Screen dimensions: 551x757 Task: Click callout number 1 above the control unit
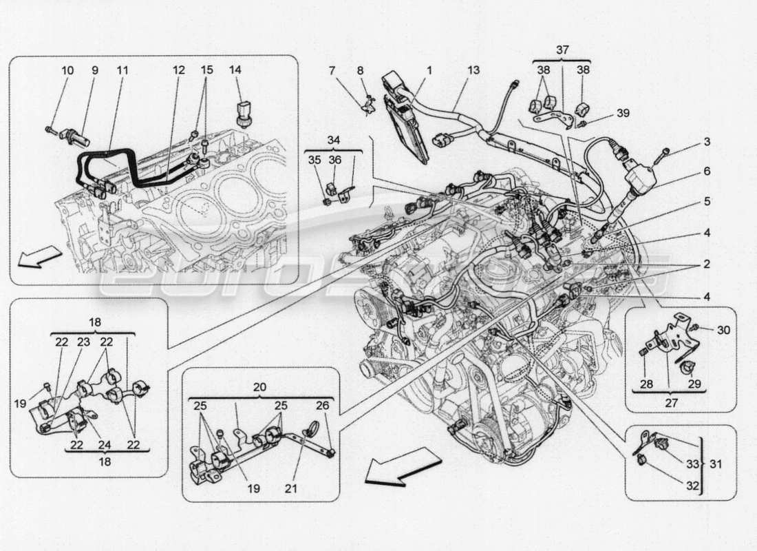click(x=428, y=70)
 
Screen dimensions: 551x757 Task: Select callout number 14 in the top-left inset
click(x=236, y=70)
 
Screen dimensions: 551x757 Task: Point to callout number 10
click(x=67, y=70)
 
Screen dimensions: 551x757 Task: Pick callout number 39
click(x=603, y=114)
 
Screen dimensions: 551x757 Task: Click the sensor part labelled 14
click(x=244, y=112)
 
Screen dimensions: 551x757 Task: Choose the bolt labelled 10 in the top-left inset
click(x=52, y=128)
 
